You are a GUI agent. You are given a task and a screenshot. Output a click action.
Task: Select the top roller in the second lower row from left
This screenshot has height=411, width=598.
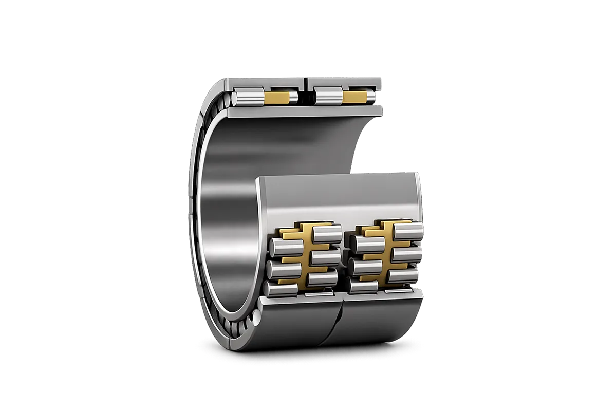tap(327, 233)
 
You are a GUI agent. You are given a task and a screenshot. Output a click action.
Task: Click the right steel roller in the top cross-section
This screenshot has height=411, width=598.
tap(329, 97)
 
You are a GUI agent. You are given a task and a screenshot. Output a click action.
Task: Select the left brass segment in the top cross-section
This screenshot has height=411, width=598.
tap(276, 98)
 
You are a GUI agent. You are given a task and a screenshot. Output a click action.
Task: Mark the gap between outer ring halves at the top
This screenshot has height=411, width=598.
tap(306, 82)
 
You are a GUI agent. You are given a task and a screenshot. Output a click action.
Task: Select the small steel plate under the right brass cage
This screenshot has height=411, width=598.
tap(385, 291)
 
